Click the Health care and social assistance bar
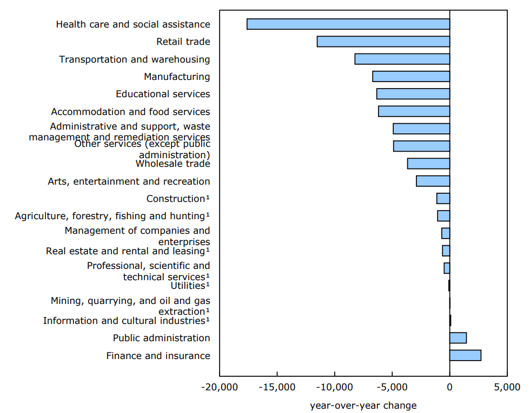(x=348, y=24)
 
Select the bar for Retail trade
(x=383, y=42)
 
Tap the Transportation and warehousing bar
(x=402, y=59)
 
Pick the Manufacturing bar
(x=411, y=77)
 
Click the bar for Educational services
(x=413, y=94)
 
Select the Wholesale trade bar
(x=428, y=164)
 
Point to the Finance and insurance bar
(x=465, y=355)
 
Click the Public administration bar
(x=458, y=338)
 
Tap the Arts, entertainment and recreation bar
(x=433, y=181)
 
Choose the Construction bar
(x=443, y=199)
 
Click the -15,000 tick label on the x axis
(x=277, y=387)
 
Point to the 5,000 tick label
(x=507, y=387)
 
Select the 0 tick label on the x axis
(x=449, y=387)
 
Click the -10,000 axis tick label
(x=335, y=387)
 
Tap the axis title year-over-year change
(x=363, y=405)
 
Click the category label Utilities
(x=189, y=286)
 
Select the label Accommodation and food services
(x=130, y=112)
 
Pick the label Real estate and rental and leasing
(x=128, y=251)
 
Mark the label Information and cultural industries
(x=126, y=321)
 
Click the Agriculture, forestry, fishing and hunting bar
(x=443, y=216)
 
